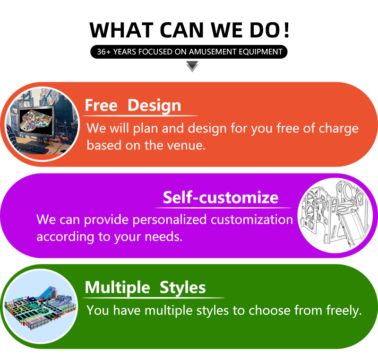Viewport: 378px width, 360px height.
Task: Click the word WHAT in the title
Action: click(x=121, y=30)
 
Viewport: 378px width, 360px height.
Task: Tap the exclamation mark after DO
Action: click(x=286, y=30)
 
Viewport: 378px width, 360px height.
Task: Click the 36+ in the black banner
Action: click(x=103, y=52)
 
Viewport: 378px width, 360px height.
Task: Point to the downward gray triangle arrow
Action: click(x=192, y=66)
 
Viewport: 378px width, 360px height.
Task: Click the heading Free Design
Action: click(x=133, y=105)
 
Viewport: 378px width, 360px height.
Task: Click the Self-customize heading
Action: click(x=221, y=197)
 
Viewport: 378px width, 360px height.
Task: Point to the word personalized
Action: click(x=170, y=220)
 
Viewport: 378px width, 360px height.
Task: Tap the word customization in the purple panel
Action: click(x=252, y=220)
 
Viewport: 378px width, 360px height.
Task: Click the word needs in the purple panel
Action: click(x=163, y=237)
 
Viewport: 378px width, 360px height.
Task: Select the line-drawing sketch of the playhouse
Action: click(x=335, y=215)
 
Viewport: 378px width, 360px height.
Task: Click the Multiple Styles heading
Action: click(x=146, y=287)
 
